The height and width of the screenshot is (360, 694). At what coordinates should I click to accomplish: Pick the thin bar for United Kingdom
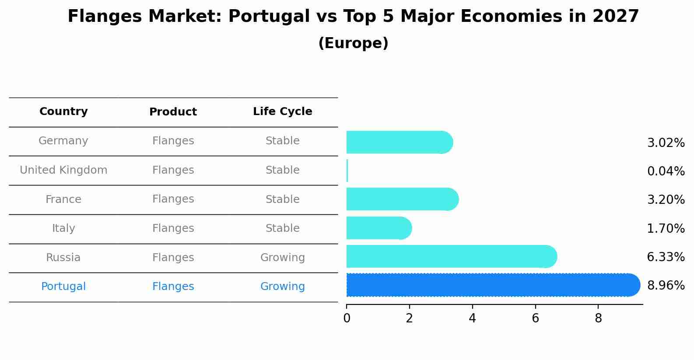(x=347, y=171)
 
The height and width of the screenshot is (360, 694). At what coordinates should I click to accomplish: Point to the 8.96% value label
(x=666, y=286)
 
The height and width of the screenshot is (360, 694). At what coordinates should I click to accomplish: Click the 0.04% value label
(x=666, y=171)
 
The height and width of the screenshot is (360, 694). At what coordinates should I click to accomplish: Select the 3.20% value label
(x=666, y=200)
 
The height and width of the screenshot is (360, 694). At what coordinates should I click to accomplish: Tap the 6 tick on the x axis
(x=535, y=318)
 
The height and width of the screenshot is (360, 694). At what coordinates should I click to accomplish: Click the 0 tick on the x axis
(x=347, y=318)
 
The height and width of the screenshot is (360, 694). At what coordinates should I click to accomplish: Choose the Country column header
(x=63, y=112)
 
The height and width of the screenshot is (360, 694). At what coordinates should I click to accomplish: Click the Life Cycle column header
(x=282, y=112)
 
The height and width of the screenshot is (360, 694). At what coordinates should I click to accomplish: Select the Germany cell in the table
(x=63, y=141)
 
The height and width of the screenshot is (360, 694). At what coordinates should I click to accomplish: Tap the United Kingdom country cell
(x=63, y=170)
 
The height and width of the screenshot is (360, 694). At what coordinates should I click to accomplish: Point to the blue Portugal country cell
(x=63, y=287)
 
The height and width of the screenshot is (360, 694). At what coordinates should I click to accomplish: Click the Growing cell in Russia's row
(x=282, y=258)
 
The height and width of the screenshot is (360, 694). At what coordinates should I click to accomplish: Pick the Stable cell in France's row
(x=282, y=199)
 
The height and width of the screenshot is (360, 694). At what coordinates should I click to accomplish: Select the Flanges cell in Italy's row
(x=173, y=228)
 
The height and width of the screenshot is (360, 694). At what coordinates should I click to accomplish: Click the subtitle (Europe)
(x=353, y=43)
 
